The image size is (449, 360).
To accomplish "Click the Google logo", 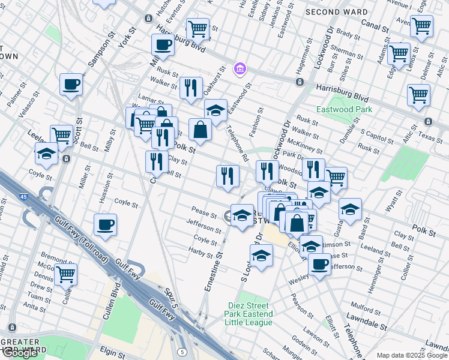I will click(20, 353).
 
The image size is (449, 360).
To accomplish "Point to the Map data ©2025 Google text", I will click(412, 355).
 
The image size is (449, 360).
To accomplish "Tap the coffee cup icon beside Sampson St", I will click(71, 85).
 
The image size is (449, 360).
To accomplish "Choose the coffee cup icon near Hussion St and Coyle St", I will click(105, 225).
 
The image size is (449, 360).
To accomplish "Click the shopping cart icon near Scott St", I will click(61, 136).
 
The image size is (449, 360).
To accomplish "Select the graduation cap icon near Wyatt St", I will click(350, 209).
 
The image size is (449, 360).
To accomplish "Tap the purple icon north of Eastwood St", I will click(240, 69).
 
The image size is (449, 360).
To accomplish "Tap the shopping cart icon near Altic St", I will click(418, 94).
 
